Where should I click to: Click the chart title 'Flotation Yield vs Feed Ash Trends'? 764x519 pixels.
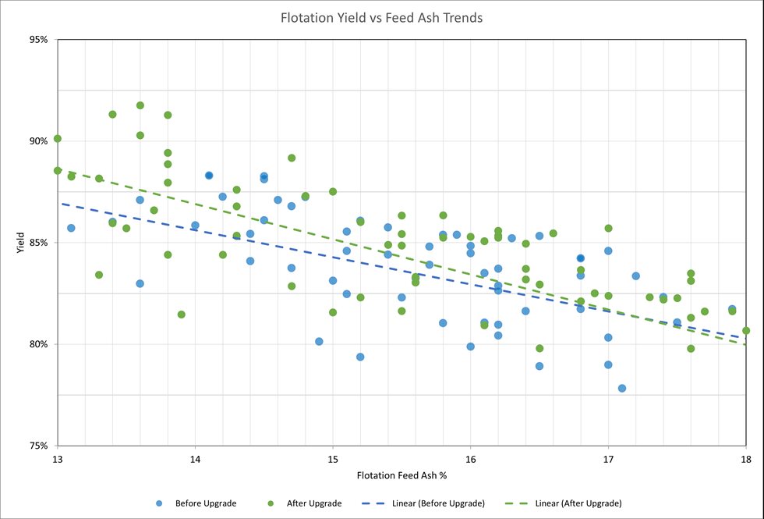click(x=381, y=16)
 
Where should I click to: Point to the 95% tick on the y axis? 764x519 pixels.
click(x=38, y=40)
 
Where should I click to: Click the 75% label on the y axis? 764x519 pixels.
click(x=38, y=446)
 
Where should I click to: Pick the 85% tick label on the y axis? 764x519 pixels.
click(x=38, y=243)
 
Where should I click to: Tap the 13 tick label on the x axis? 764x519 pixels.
click(x=57, y=459)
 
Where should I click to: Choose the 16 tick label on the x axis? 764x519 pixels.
click(x=470, y=459)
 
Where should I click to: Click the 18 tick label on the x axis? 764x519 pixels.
click(x=746, y=459)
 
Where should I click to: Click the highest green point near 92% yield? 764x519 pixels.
click(x=140, y=105)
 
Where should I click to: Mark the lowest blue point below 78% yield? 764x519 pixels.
click(x=622, y=388)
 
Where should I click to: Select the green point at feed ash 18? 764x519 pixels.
click(x=746, y=331)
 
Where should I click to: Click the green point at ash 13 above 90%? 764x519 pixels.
click(x=58, y=139)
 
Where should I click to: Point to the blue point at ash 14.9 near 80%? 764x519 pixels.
click(x=319, y=341)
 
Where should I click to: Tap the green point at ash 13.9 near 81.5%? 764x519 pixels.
click(x=182, y=315)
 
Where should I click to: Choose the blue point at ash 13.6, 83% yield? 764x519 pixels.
click(x=140, y=283)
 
